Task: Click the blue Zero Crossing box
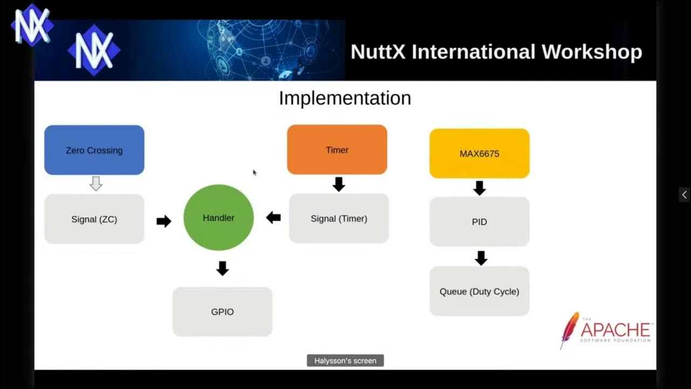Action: point(94,150)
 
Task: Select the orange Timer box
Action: point(337,150)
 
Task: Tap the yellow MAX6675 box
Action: point(479,153)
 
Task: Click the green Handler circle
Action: point(219,218)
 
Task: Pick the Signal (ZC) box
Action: point(94,219)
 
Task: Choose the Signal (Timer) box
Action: point(339,218)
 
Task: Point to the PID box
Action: point(479,222)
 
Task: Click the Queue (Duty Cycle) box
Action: point(479,291)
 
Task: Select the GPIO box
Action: point(222,312)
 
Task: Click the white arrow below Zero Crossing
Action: point(96,184)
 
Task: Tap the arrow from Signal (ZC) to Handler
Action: point(164,221)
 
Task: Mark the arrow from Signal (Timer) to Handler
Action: point(273,218)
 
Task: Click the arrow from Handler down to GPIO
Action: point(222,268)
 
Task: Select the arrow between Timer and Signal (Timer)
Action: point(338,184)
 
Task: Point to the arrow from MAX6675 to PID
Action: point(479,187)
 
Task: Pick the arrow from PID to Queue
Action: point(481,258)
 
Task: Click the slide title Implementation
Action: point(345,98)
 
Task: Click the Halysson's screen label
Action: point(345,360)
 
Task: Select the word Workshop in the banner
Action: point(592,52)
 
